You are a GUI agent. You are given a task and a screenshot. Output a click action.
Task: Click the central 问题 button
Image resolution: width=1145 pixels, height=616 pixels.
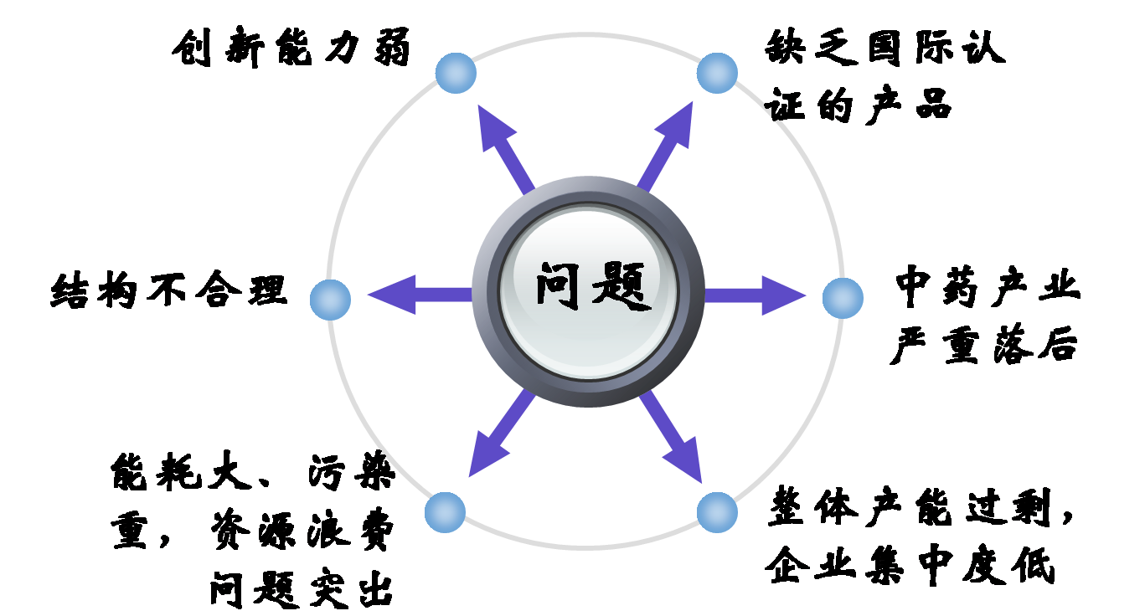[588, 290]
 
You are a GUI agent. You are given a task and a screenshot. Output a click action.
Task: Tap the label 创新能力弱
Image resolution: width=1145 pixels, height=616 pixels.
[292, 50]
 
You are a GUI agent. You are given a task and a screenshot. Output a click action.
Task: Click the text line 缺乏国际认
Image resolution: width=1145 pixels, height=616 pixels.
[885, 49]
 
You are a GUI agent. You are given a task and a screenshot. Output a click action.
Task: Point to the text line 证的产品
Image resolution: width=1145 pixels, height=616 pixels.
[859, 107]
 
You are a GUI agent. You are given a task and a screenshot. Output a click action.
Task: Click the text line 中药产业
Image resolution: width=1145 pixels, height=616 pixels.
[988, 287]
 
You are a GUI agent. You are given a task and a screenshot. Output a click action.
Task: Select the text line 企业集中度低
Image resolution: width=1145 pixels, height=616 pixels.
[910, 566]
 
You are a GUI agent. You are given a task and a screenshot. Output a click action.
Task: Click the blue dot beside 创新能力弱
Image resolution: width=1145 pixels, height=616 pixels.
[456, 73]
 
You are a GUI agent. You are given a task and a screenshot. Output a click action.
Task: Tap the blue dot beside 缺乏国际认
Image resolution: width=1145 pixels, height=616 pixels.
[717, 73]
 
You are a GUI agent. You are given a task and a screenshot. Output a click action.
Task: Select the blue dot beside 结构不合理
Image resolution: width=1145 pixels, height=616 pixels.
[330, 299]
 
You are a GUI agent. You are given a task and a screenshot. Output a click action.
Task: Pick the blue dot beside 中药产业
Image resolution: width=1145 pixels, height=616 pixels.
[843, 298]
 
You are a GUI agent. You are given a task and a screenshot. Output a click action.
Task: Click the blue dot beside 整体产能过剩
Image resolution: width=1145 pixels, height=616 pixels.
[717, 512]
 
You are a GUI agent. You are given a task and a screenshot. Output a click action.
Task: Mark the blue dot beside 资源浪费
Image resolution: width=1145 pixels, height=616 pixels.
[445, 512]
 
